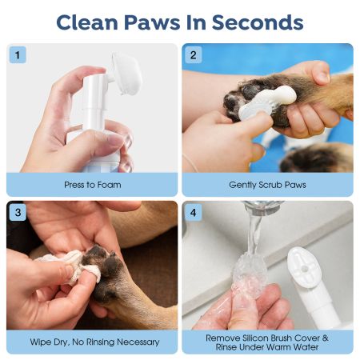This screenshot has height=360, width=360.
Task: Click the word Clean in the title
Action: coord(87,22)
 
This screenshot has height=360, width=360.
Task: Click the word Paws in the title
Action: coord(152,22)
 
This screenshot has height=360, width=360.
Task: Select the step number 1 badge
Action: coord(18,55)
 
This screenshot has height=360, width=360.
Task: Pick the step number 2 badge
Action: coord(193,55)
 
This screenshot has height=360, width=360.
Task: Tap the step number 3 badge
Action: coord(18,212)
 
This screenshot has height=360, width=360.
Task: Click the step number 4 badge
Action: coord(193,212)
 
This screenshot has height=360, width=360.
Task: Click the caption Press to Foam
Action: coord(93,185)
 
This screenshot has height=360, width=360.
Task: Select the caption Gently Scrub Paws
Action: coord(267,185)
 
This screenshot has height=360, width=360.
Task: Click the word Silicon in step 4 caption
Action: coord(255,338)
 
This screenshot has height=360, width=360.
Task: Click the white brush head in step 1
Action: coord(126,74)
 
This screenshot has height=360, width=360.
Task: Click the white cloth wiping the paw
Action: coord(70,266)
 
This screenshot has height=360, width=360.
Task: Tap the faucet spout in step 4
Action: coord(263,207)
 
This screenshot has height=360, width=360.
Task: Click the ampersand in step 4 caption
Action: coord(325,338)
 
